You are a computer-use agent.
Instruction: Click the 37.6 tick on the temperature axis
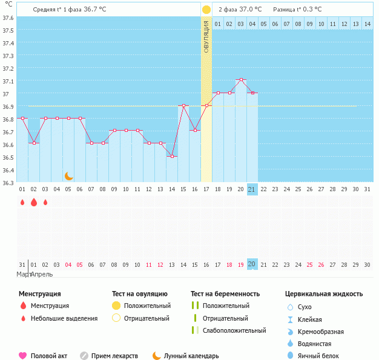click(8, 18)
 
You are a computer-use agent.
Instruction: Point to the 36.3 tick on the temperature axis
click(8, 183)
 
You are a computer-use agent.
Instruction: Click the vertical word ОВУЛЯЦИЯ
click(206, 37)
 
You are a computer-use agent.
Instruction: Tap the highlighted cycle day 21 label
click(252, 189)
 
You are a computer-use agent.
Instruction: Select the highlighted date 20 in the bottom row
click(252, 264)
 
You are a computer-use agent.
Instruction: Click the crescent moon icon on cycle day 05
click(69, 175)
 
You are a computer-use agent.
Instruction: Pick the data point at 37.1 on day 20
click(241, 80)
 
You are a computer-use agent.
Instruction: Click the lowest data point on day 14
click(172, 157)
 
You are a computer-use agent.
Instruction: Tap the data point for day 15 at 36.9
click(183, 106)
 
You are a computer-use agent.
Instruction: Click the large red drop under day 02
click(34, 202)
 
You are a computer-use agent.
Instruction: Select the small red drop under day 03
click(45, 202)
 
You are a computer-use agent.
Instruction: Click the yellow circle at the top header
click(206, 10)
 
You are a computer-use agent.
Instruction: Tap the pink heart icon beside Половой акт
click(23, 356)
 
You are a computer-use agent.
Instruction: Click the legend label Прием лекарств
click(114, 356)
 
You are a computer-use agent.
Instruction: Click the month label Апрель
click(41, 274)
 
